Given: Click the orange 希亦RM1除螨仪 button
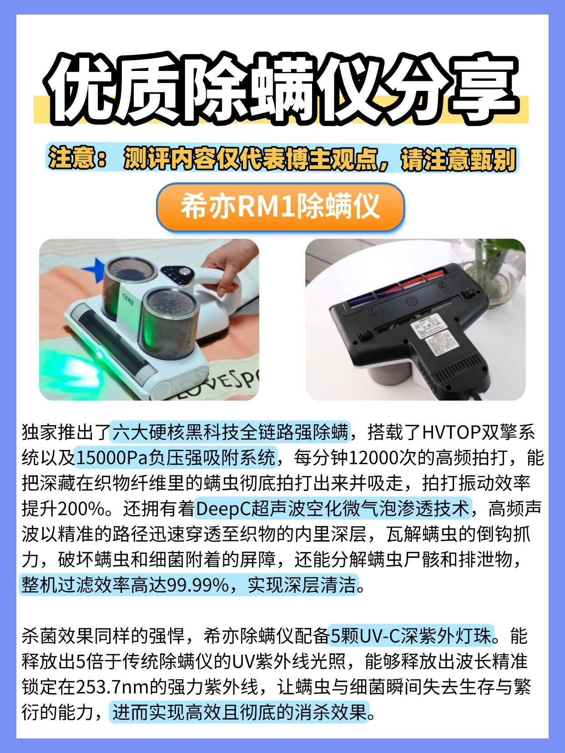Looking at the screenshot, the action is [280, 207].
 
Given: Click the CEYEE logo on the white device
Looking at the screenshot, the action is [128, 299].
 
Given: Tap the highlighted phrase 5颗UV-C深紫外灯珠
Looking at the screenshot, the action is [411, 636].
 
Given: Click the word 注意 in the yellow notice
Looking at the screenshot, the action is [71, 159].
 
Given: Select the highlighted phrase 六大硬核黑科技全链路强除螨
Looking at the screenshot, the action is [230, 432].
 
